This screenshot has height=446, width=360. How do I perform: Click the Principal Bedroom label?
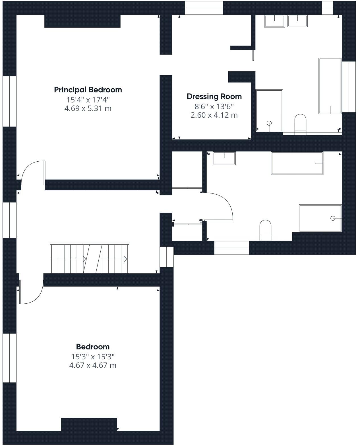(x=88, y=90)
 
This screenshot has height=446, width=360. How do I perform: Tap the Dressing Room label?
(x=214, y=97)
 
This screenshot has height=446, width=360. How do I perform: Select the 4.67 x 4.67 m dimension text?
(x=93, y=365)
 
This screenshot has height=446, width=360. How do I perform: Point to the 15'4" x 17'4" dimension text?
(x=88, y=100)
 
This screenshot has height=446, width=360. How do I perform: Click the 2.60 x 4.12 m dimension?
(x=214, y=115)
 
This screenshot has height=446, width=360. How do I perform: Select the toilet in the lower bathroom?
(x=265, y=230)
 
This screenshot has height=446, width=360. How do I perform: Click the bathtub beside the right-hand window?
(x=330, y=86)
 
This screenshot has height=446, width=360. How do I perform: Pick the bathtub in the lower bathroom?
(x=297, y=163)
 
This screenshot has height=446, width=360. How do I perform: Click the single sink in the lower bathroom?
(x=224, y=158)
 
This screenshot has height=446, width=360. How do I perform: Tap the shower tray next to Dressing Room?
(x=269, y=111)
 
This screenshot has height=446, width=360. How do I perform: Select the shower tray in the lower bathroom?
(x=320, y=218)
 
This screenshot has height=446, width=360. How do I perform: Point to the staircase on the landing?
(x=89, y=258)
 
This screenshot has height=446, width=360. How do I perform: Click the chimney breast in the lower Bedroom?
(x=89, y=424)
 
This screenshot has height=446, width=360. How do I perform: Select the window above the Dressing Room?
(x=204, y=8)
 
